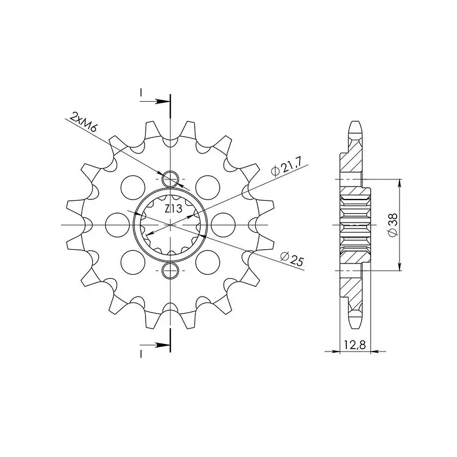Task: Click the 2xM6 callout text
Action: pos(83,123)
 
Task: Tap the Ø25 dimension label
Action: pos(291,259)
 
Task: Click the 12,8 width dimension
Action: pos(355,345)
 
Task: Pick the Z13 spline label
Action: pos(173,209)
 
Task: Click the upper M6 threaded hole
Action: pos(170,179)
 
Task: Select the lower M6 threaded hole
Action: pos(170,271)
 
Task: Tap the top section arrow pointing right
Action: pos(155,101)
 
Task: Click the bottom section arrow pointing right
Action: pos(155,345)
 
